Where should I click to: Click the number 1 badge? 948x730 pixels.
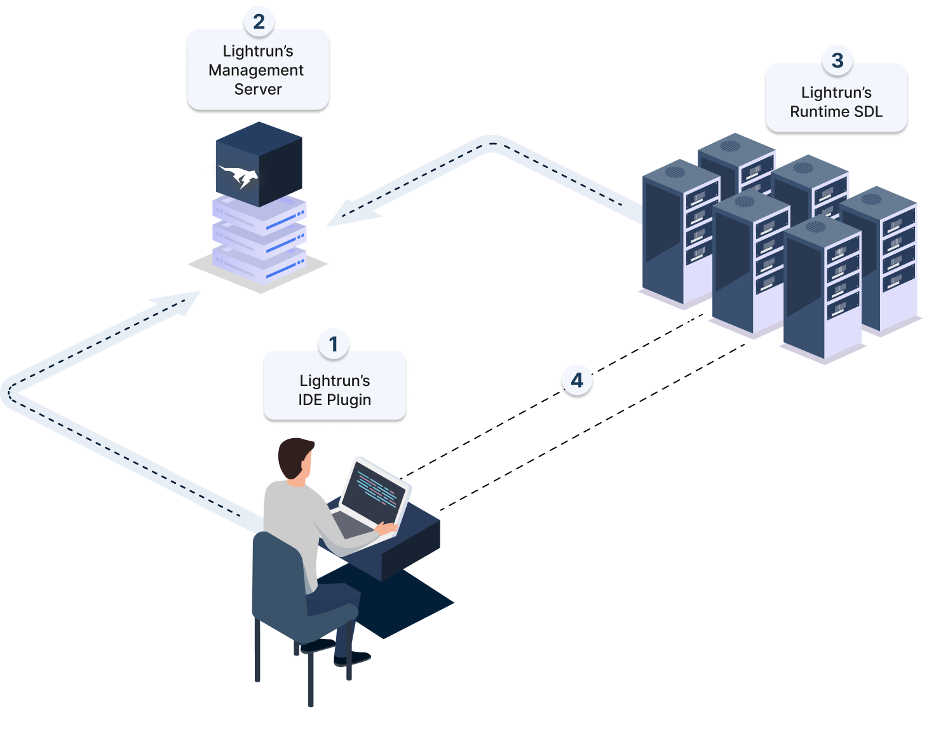click(334, 344)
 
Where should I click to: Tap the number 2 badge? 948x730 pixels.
click(259, 22)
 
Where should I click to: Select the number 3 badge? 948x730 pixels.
click(837, 60)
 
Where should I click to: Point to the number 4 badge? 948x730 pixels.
click(577, 380)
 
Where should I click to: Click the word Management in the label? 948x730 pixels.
click(256, 70)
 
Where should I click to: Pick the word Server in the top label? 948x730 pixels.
click(258, 89)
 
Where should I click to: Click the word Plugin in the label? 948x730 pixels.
click(348, 400)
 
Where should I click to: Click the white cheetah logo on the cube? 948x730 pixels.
click(238, 175)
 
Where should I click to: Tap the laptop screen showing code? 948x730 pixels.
click(375, 490)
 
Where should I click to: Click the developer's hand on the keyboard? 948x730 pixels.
click(386, 527)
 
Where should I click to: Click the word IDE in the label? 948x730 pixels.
click(310, 400)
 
